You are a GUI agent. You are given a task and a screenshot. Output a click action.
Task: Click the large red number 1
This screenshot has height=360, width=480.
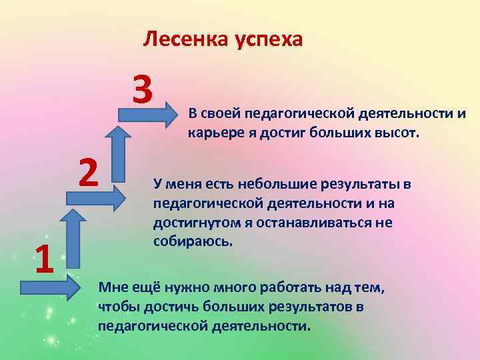coord(44,259)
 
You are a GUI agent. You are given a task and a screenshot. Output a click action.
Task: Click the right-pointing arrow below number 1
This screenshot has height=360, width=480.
coord(50,288)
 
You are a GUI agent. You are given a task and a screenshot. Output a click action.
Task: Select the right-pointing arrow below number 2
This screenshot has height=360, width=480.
coord(95,196)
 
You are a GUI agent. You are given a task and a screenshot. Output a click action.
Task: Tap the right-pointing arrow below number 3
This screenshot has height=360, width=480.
coord(145,115)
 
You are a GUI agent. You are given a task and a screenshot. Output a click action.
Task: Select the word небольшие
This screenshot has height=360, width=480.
coord(287,183)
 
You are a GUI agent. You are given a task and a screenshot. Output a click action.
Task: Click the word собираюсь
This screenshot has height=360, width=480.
coord(193,241)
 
